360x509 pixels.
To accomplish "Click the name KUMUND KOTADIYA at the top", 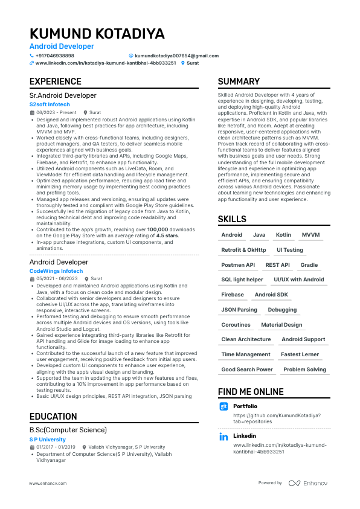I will [x=97, y=33].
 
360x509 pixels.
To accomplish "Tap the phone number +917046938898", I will [x=54, y=56].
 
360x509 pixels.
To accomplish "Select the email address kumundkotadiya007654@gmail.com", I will [x=177, y=56].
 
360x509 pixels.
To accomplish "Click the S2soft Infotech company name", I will [x=50, y=104].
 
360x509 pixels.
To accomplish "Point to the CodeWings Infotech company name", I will [x=56, y=271].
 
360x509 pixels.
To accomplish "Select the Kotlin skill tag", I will [x=283, y=235].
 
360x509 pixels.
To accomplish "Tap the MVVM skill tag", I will [x=311, y=235].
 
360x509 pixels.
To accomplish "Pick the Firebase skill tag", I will [x=233, y=295].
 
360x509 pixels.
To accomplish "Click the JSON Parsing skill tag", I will [x=239, y=310].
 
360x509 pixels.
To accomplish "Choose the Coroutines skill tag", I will [x=236, y=325].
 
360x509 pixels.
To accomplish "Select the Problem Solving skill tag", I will [x=304, y=370].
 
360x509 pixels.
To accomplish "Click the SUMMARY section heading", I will [x=239, y=82].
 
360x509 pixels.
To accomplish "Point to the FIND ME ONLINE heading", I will [x=251, y=392].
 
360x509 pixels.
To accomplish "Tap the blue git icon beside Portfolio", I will [x=223, y=407].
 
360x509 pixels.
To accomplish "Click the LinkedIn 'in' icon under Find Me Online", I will [x=223, y=437].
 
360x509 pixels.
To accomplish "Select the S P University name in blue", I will [x=48, y=440].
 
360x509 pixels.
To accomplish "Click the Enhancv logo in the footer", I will [x=307, y=483].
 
